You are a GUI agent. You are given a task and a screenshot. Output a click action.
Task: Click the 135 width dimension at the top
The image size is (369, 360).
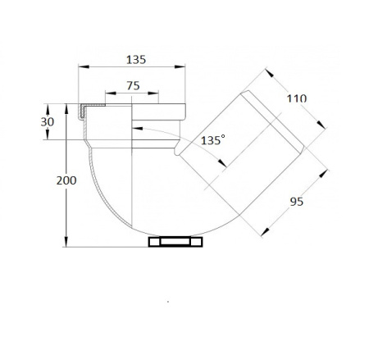[x=136, y=60]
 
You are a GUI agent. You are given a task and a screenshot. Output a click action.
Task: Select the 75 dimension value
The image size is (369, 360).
[x=133, y=86]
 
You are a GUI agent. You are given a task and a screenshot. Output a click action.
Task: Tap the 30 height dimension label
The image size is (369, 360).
[x=48, y=122]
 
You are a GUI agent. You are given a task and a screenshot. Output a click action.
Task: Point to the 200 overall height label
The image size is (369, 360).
[x=66, y=180]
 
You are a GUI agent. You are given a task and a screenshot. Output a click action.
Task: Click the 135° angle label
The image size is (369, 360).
[x=213, y=140]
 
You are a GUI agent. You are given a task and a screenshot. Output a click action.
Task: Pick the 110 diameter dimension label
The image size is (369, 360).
[x=297, y=98]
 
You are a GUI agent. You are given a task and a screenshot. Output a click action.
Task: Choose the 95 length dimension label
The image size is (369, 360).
[x=297, y=202]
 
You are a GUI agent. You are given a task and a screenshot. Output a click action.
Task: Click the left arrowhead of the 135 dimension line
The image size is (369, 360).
[x=84, y=66]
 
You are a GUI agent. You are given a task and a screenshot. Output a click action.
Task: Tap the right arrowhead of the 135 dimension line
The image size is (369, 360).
[x=180, y=66]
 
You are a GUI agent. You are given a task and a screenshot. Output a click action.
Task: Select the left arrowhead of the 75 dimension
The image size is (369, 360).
[x=111, y=93]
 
